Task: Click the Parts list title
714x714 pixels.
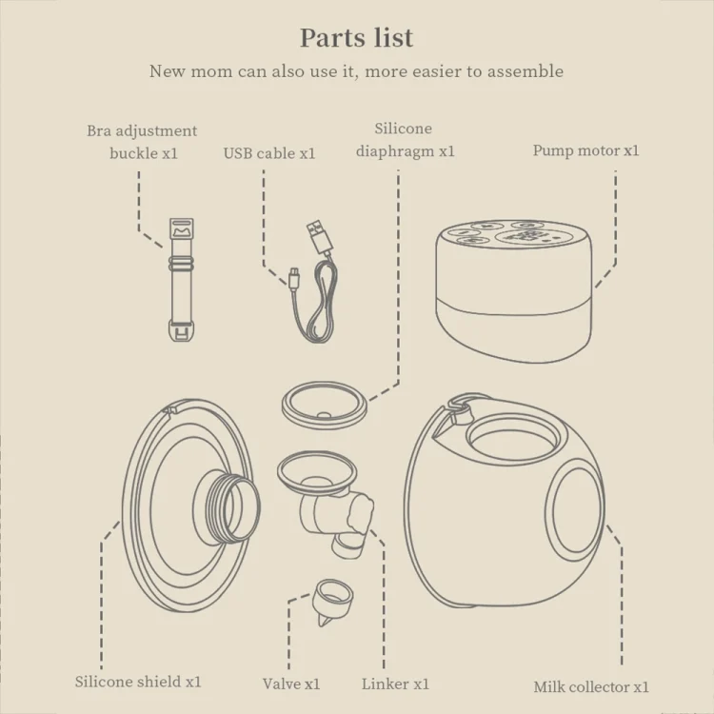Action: point(357,38)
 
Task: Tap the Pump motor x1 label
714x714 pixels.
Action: point(586,150)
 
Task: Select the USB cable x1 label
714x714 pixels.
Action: point(269,153)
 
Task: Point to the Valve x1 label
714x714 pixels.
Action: point(291,684)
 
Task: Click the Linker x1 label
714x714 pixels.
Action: point(395,684)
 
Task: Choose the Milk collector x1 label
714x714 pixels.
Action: point(591,686)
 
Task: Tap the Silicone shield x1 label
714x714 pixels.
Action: point(138,682)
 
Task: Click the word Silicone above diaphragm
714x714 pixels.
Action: point(403,129)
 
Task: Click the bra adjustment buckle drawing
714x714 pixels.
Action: point(182,280)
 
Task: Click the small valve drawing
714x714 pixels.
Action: point(332,602)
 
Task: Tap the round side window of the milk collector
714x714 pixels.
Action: point(575,510)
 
